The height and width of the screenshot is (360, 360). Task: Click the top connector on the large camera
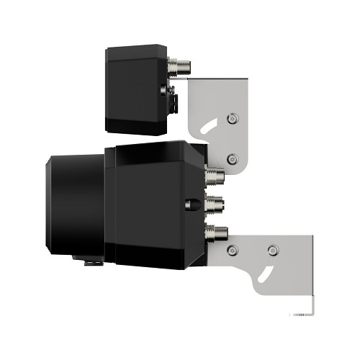(214, 176)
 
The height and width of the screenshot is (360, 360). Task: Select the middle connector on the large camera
(214, 203)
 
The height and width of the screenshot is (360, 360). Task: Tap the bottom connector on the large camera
(214, 232)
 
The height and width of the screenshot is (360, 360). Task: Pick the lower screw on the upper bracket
(230, 158)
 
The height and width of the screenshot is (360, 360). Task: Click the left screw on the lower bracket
(231, 250)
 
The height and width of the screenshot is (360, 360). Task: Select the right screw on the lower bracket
(271, 250)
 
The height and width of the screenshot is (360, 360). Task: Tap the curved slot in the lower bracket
(263, 275)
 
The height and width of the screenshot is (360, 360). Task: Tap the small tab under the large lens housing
(92, 261)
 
